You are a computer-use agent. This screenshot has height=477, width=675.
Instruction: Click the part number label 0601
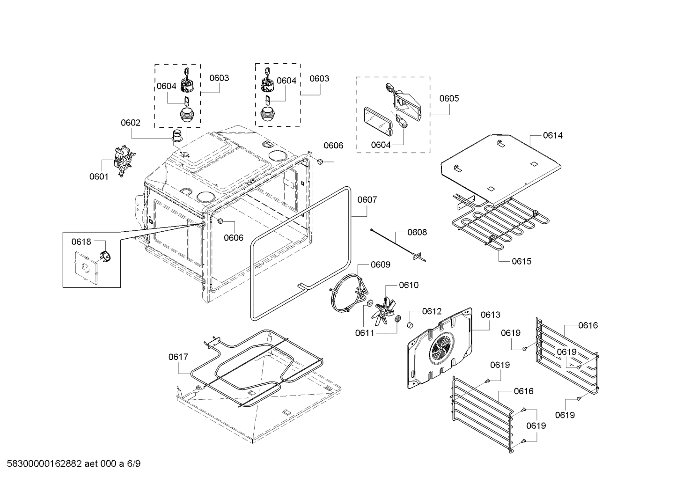click(98, 176)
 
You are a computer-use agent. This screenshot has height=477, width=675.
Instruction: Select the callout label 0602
click(130, 123)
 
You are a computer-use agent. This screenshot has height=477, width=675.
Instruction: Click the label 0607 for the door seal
click(367, 200)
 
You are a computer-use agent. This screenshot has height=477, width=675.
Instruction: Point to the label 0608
click(417, 232)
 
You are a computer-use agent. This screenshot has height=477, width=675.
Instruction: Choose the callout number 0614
click(552, 136)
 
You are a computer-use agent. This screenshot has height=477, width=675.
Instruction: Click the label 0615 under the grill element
click(521, 261)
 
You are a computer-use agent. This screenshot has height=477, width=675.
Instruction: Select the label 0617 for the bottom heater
click(178, 357)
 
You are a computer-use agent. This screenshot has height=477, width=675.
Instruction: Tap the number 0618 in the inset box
click(81, 242)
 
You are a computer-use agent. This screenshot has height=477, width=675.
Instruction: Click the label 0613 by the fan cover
click(490, 315)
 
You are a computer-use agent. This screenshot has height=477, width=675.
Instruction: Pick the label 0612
click(431, 311)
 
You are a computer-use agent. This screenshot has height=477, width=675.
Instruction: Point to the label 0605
click(449, 98)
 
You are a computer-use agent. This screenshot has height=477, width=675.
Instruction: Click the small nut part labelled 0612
click(411, 325)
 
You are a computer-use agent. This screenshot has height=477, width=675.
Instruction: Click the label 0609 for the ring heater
click(380, 265)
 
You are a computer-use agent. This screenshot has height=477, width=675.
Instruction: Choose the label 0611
click(364, 333)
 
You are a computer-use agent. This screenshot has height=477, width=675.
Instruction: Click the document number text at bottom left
click(71, 464)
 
